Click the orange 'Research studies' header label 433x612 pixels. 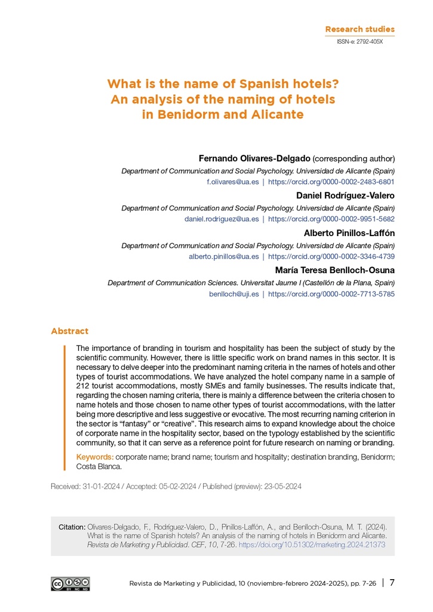pyautogui.click(x=360, y=29)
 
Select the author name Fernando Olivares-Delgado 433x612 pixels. pyautogui.click(x=254, y=158)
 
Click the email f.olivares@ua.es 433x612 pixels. pyautogui.click(x=232, y=182)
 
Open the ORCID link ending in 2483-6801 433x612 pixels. pyautogui.click(x=331, y=182)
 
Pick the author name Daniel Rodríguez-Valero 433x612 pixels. pyautogui.click(x=345, y=195)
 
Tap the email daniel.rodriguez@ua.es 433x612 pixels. pyautogui.click(x=222, y=219)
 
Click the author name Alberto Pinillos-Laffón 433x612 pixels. pyautogui.click(x=349, y=233)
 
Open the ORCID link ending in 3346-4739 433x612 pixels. pyautogui.click(x=331, y=256)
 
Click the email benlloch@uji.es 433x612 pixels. pyautogui.click(x=234, y=294)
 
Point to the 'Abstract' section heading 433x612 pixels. pyautogui.click(x=69, y=331)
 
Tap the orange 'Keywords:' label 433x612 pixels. pyautogui.click(x=95, y=457)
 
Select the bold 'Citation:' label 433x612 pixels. pyautogui.click(x=72, y=527)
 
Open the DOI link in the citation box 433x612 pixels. pyautogui.click(x=312, y=545)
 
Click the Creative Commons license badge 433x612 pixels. pyautogui.click(x=70, y=584)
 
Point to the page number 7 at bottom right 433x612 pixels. pyautogui.click(x=392, y=583)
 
